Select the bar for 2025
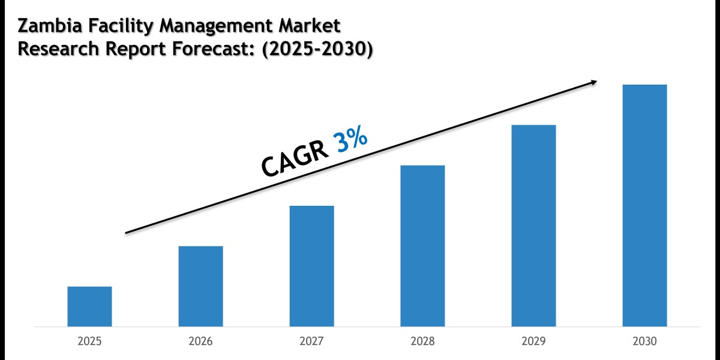click(x=89, y=307)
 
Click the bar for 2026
click(x=200, y=286)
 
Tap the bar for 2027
click(x=311, y=266)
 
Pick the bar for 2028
click(x=422, y=246)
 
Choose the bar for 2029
click(x=533, y=226)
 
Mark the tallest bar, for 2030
click(x=644, y=205)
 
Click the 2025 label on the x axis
click(x=89, y=341)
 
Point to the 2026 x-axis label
click(x=200, y=341)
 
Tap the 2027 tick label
click(x=311, y=341)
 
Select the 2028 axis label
click(x=422, y=341)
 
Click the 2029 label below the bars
click(x=533, y=341)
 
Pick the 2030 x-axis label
click(x=644, y=341)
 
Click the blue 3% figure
click(x=351, y=143)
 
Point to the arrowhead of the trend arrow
click(x=594, y=82)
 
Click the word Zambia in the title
click(x=49, y=26)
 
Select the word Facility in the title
click(x=118, y=27)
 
